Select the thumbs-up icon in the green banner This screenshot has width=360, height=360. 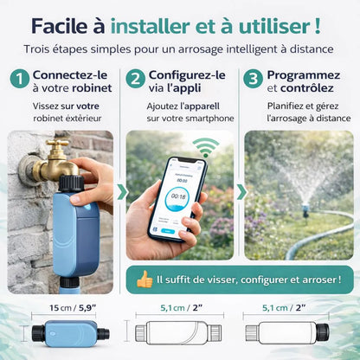(x=145, y=280)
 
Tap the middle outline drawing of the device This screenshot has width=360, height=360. (x=178, y=333)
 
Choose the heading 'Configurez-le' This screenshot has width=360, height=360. (x=188, y=75)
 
